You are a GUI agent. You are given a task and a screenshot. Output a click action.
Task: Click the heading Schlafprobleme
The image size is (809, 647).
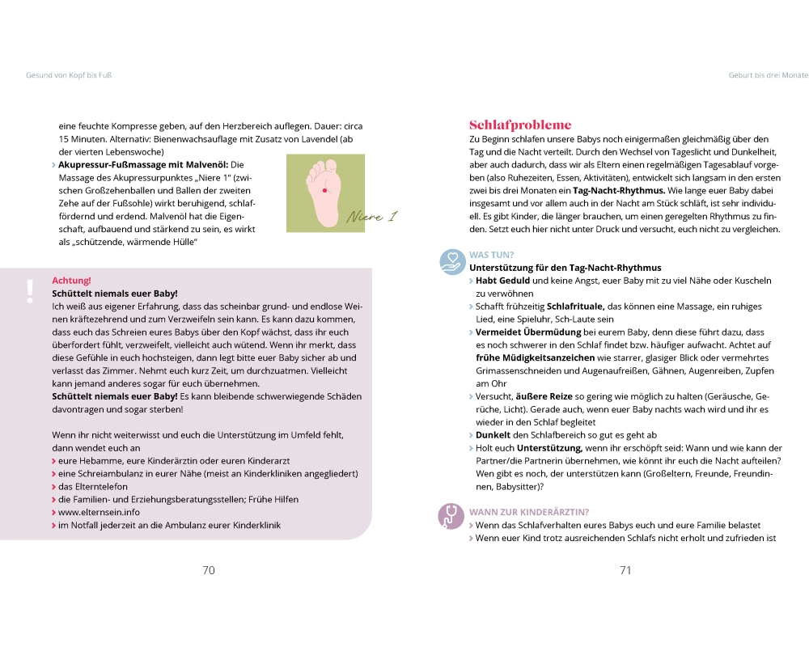[x=520, y=125]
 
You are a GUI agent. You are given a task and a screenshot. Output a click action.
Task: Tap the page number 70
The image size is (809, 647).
[x=208, y=570]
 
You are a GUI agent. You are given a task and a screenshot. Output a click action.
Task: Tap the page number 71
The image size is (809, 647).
[x=625, y=570]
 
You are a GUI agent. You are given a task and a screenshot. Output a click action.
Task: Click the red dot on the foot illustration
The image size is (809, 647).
[x=325, y=188]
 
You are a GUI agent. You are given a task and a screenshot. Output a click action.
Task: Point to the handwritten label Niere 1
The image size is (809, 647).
[x=372, y=217]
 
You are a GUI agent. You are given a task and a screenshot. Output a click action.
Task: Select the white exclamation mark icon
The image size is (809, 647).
[x=30, y=290]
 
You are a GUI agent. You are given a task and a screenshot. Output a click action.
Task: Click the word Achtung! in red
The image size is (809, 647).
[x=71, y=281]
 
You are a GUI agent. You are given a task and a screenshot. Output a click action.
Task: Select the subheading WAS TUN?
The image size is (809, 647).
[x=492, y=255]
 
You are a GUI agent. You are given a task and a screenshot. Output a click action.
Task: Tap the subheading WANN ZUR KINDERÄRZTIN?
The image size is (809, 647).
[x=529, y=511]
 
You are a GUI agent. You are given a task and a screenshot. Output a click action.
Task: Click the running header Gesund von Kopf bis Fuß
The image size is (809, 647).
[x=69, y=75]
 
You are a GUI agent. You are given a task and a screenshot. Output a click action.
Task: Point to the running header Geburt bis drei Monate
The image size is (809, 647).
[x=768, y=75]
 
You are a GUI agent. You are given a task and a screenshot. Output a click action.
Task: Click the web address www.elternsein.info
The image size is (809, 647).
[x=99, y=512]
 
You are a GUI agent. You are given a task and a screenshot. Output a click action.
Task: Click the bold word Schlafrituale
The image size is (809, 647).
[x=575, y=307]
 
